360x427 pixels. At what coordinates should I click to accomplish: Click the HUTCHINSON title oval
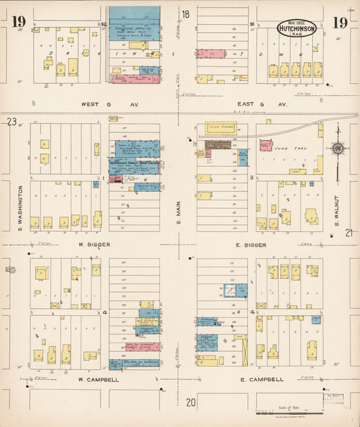point(297,29)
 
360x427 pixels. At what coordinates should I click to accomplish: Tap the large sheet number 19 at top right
point(340,23)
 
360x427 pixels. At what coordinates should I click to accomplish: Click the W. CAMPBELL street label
point(99,380)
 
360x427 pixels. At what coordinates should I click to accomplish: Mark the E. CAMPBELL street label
point(262,380)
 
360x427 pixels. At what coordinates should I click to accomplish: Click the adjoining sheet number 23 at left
point(11,122)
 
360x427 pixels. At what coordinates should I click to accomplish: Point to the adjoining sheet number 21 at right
point(349,233)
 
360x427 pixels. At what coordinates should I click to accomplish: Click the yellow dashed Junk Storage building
point(221,127)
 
